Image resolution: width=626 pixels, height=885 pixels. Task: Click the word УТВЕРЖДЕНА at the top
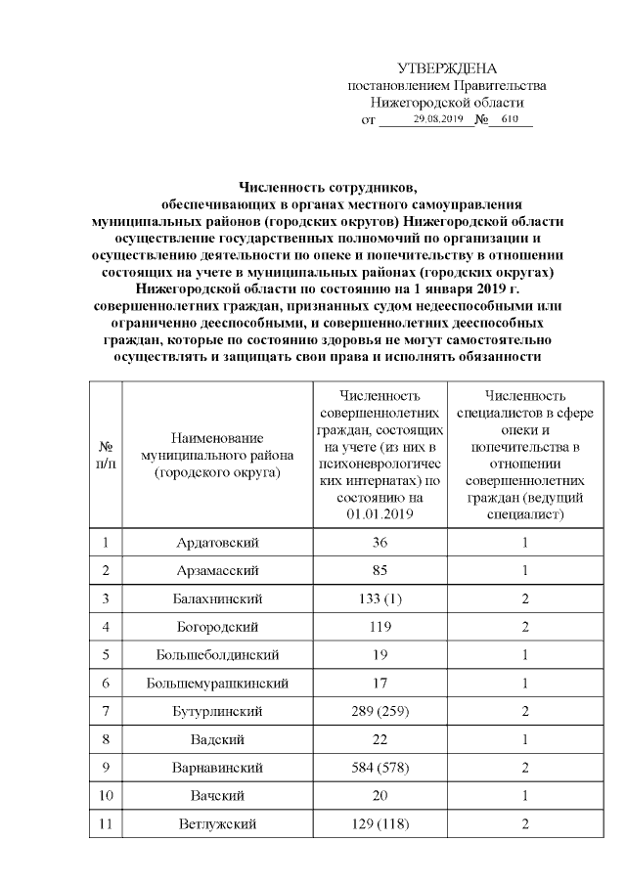pyautogui.click(x=447, y=68)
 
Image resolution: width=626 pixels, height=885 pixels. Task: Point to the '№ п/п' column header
pyautogui.click(x=105, y=455)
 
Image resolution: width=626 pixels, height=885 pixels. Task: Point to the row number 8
pyautogui.click(x=105, y=740)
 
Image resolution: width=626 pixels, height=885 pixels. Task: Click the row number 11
pyautogui.click(x=105, y=825)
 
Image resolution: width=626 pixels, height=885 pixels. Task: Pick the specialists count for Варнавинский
pyautogui.click(x=525, y=769)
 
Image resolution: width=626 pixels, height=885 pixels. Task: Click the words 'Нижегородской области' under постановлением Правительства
pyautogui.click(x=447, y=102)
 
